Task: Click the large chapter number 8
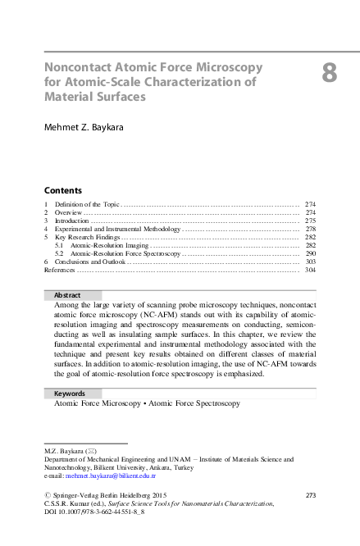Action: click(329, 73)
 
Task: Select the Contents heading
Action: click(62, 189)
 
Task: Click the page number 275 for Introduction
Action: click(310, 221)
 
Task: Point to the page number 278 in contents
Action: click(310, 229)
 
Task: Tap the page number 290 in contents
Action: click(310, 254)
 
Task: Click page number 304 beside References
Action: click(310, 270)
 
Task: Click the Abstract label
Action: click(66, 295)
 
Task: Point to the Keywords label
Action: click(70, 394)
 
